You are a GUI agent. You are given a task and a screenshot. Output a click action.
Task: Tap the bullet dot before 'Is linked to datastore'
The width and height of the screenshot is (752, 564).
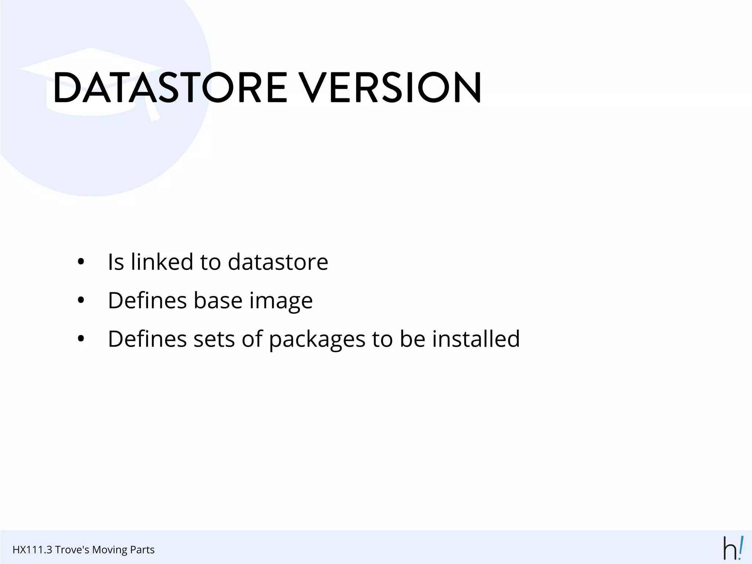[81, 262]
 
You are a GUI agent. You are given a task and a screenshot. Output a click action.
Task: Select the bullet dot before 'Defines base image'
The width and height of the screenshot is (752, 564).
[81, 301]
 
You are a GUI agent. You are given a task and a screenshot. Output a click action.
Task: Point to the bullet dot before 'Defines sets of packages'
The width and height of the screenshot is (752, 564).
[81, 339]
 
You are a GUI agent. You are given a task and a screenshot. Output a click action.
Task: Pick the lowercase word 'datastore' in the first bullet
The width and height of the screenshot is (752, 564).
[278, 262]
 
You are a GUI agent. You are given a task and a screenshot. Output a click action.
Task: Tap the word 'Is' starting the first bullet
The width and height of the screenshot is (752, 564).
[116, 262]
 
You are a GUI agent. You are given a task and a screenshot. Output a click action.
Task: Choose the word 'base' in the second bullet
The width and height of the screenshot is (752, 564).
[218, 301]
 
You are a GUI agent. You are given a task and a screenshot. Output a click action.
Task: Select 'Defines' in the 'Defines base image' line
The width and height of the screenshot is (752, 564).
[148, 301]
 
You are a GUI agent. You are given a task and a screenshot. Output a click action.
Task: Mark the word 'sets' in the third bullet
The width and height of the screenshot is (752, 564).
[214, 339]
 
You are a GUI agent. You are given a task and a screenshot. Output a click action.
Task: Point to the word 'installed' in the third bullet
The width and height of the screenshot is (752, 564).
[476, 339]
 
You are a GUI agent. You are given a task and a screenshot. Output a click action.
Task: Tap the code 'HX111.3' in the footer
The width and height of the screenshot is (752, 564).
[32, 550]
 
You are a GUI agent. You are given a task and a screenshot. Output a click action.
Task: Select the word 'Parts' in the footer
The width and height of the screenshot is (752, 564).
[143, 550]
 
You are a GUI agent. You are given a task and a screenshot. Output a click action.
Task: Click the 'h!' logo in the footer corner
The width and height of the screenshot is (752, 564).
[734, 548]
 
